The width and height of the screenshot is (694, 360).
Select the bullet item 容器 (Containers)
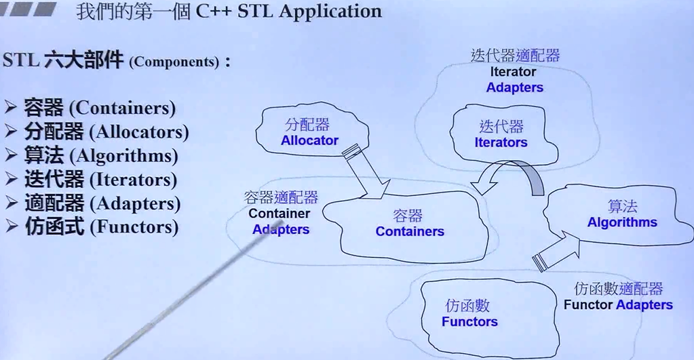pyautogui.click(x=100, y=108)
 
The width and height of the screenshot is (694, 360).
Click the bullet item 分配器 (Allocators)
pyautogui.click(x=107, y=132)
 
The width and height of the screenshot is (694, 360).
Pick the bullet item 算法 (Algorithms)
pyautogui.click(x=101, y=156)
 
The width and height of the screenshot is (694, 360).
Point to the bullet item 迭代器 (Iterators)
pyautogui.click(x=100, y=180)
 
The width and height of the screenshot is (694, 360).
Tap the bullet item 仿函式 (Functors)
pyautogui.click(x=101, y=227)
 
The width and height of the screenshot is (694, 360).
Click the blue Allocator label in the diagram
pyautogui.click(x=309, y=140)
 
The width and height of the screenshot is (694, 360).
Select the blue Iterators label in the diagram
pyautogui.click(x=501, y=142)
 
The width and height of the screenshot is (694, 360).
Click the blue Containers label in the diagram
pyautogui.click(x=410, y=231)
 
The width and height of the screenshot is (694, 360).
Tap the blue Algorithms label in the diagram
pyautogui.click(x=622, y=222)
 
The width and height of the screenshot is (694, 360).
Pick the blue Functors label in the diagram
pyautogui.click(x=469, y=321)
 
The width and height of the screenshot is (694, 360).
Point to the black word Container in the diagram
pyautogui.click(x=279, y=214)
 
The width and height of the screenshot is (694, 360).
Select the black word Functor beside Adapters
pyautogui.click(x=587, y=304)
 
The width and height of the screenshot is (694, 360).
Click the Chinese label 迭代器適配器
pyautogui.click(x=515, y=56)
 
